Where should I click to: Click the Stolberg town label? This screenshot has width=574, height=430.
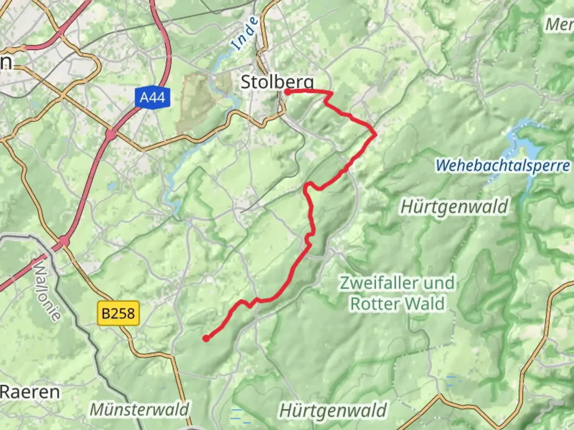tap(277, 82)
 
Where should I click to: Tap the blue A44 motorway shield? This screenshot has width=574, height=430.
tap(152, 97)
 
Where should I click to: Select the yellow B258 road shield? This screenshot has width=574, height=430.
tap(118, 313)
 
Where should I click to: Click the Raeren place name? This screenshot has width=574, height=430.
tap(30, 392)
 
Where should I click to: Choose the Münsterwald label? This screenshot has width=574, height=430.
tap(139, 409)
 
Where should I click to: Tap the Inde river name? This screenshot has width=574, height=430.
tap(245, 33)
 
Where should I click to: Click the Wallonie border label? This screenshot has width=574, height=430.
tap(47, 291)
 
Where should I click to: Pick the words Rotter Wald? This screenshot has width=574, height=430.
tap(397, 304)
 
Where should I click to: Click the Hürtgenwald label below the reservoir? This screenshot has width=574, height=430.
tap(454, 207)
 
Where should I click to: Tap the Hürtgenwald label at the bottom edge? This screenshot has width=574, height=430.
tap(333, 410)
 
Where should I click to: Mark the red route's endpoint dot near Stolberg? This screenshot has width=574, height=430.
tap(287, 92)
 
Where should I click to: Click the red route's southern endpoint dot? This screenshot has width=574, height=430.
tap(206, 338)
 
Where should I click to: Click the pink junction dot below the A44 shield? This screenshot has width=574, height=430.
tap(110, 135)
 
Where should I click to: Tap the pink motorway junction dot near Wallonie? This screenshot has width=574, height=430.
tap(63, 241)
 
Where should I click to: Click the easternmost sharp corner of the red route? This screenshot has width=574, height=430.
tap(375, 135)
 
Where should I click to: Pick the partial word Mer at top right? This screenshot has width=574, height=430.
tap(559, 25)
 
